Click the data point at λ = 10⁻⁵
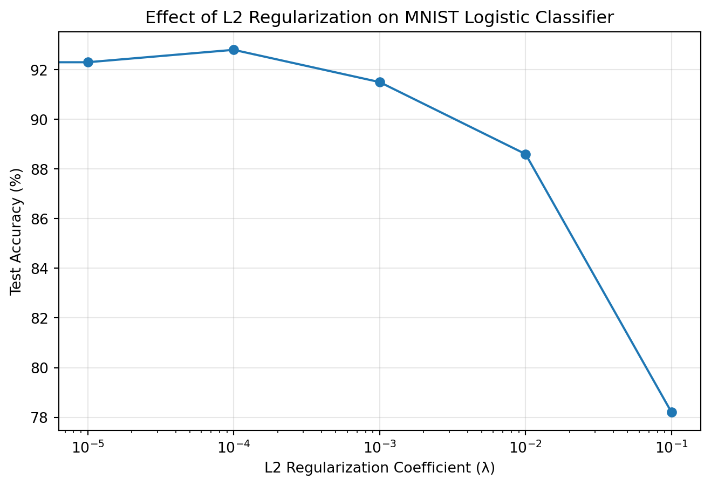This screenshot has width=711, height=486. (88, 62)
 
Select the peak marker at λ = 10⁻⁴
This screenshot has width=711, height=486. (234, 50)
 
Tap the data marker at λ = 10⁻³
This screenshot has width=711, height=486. (380, 82)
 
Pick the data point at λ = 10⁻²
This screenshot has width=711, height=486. (525, 154)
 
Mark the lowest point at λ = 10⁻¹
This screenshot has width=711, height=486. (672, 412)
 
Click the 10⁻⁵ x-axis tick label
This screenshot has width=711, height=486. (87, 445)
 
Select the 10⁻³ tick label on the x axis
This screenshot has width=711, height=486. (379, 445)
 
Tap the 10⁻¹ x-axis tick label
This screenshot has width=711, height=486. (671, 445)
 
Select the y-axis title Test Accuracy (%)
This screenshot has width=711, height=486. (17, 231)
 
